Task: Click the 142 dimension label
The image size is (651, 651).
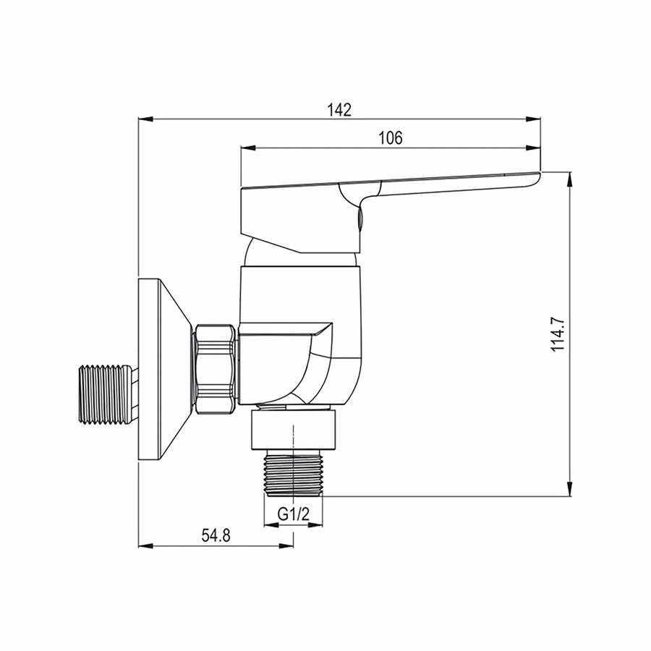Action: tap(339, 110)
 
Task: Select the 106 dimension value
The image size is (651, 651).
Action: tap(391, 137)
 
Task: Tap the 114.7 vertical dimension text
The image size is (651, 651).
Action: tap(558, 333)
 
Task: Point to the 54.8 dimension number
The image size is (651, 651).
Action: tap(216, 535)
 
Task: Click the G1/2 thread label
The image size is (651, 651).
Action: tap(294, 514)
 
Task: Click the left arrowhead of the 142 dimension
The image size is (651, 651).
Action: tap(145, 119)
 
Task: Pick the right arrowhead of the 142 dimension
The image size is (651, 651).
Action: tap(533, 119)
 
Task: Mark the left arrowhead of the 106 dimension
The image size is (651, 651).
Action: tap(248, 148)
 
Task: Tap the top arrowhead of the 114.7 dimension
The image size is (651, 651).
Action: tap(571, 179)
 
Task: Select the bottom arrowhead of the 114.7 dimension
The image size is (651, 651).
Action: tap(571, 488)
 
